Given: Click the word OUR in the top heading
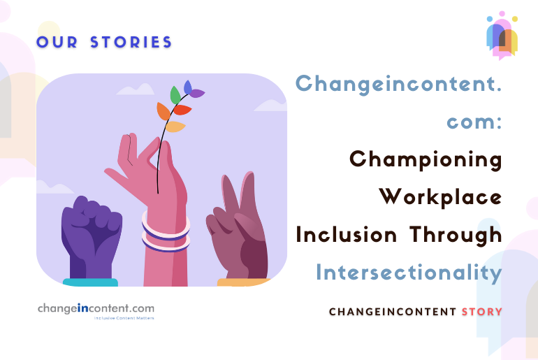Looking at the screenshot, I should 55,42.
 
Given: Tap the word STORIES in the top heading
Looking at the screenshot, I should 131,42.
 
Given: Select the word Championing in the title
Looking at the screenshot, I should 426,159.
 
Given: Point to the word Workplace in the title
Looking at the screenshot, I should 440,197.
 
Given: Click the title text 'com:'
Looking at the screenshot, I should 474,122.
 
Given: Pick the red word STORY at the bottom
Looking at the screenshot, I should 481,311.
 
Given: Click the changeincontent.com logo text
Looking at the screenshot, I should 96,308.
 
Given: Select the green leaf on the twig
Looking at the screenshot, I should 175,94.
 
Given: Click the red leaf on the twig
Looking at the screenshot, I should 182,110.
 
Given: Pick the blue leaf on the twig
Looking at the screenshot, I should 187,87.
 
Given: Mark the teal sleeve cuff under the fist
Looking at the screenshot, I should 90,282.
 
